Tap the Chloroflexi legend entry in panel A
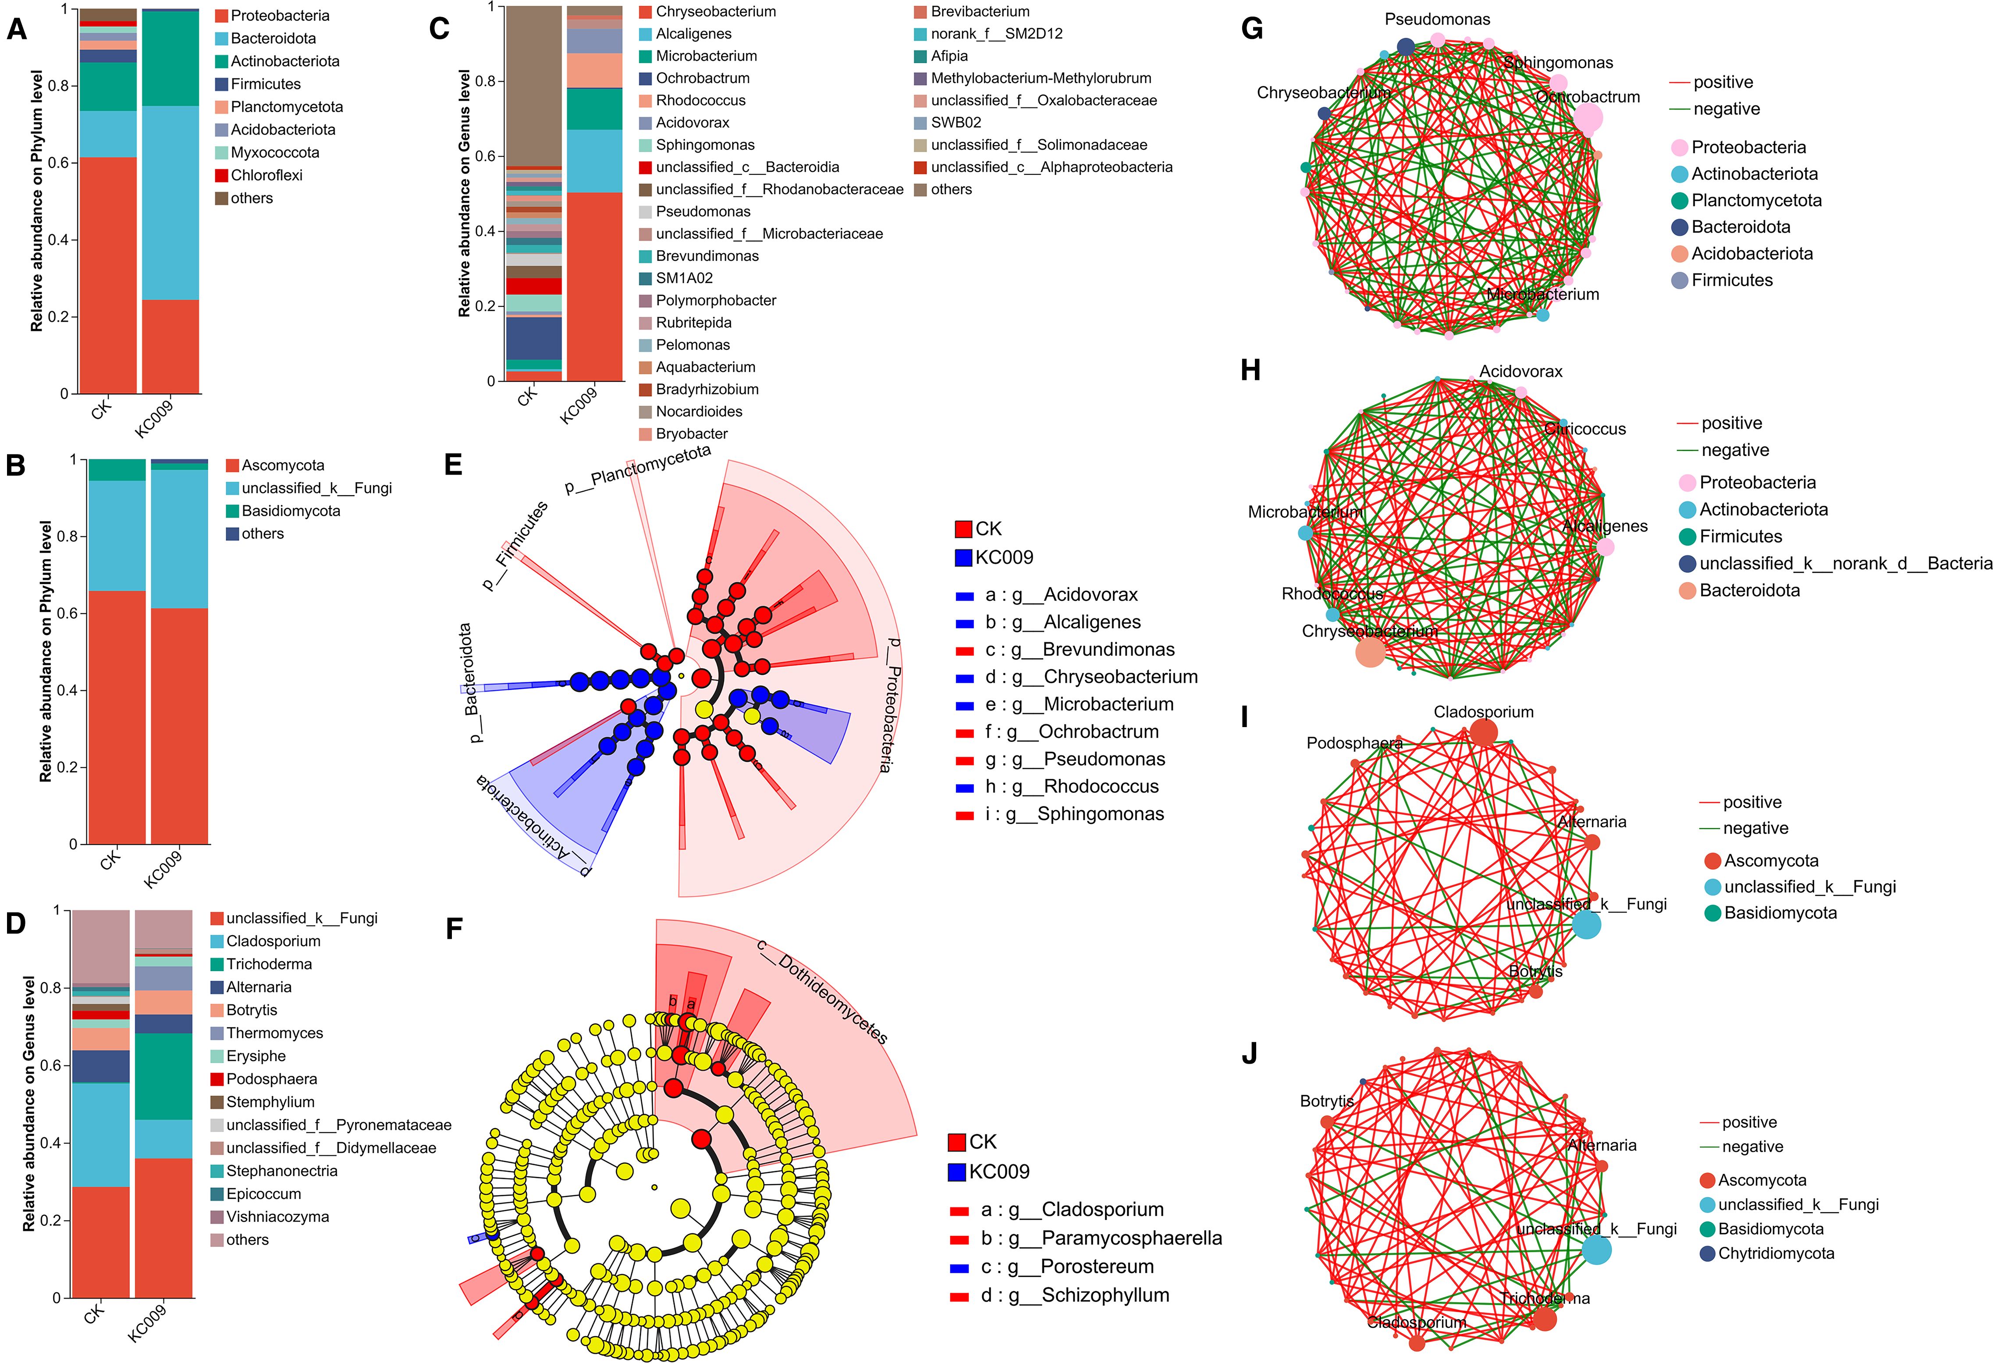pos(266,175)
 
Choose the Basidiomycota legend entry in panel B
pos(290,511)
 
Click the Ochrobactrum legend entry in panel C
pos(701,78)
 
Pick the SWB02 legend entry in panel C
pos(956,123)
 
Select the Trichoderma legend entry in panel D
pos(268,964)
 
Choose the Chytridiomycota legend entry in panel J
pos(1775,1253)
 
